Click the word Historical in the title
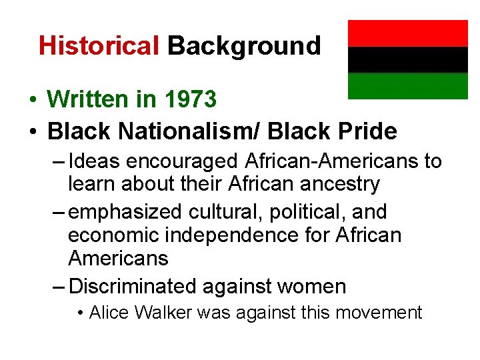click(x=99, y=46)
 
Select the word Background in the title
click(x=244, y=46)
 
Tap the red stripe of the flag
click(x=408, y=33)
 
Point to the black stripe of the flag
click(x=408, y=59)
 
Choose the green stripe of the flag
click(x=408, y=85)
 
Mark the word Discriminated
click(x=132, y=287)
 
